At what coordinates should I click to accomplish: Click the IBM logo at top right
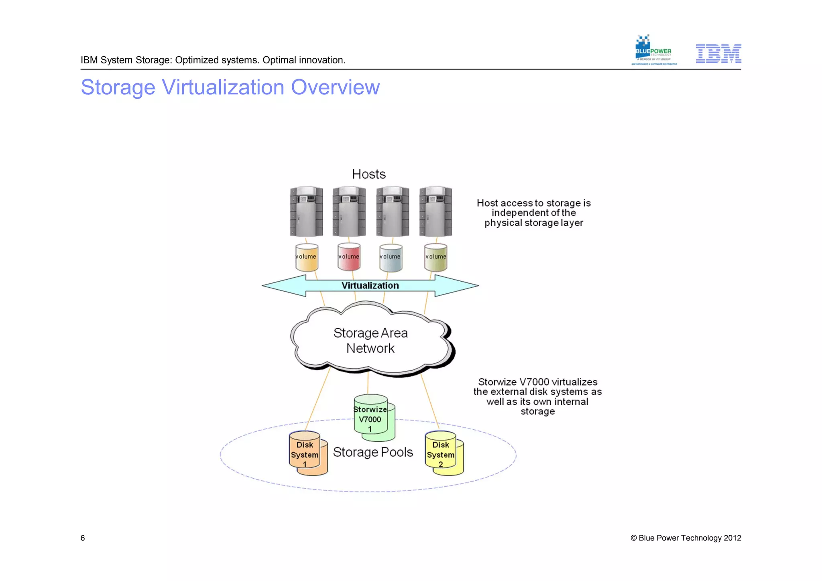coord(718,54)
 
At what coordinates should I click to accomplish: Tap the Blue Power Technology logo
coord(653,51)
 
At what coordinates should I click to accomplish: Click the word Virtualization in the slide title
coord(223,87)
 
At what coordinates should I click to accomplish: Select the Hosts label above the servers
coord(368,174)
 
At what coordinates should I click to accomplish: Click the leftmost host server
coord(306,211)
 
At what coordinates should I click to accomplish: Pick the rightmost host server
coord(435,211)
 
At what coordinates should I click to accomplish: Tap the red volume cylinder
coord(349,257)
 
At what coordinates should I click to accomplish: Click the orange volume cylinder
coord(307,257)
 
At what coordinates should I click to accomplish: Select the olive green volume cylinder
coord(435,257)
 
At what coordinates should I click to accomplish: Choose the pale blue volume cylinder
coord(391,257)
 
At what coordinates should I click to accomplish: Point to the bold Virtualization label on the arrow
coord(370,285)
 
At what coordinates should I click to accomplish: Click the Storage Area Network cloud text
coord(370,341)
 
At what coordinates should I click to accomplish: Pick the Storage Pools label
coord(373,452)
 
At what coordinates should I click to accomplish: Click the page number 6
coord(83,538)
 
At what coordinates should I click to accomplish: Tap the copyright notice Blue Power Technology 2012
coord(686,538)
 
